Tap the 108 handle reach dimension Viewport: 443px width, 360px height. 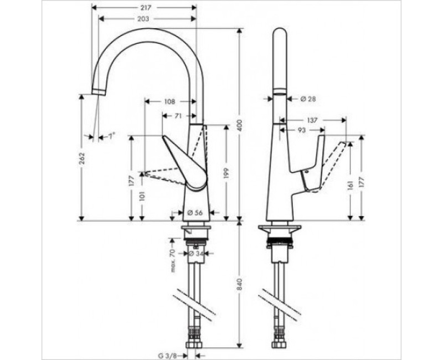(x=170, y=102)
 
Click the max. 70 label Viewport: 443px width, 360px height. (x=173, y=260)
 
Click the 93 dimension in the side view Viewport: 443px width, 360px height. (x=302, y=130)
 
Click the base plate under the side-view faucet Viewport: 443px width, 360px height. (x=281, y=228)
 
